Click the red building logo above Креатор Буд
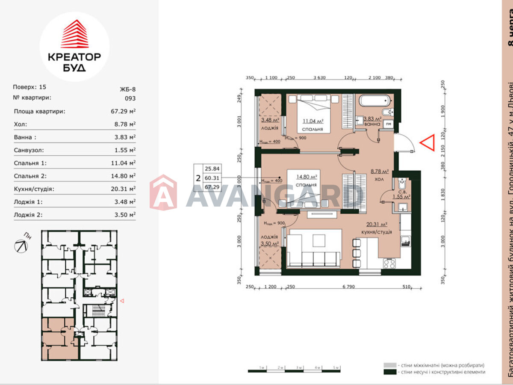tap(74, 34)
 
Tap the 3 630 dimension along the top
tap(319, 78)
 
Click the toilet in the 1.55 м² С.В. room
tap(402, 185)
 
